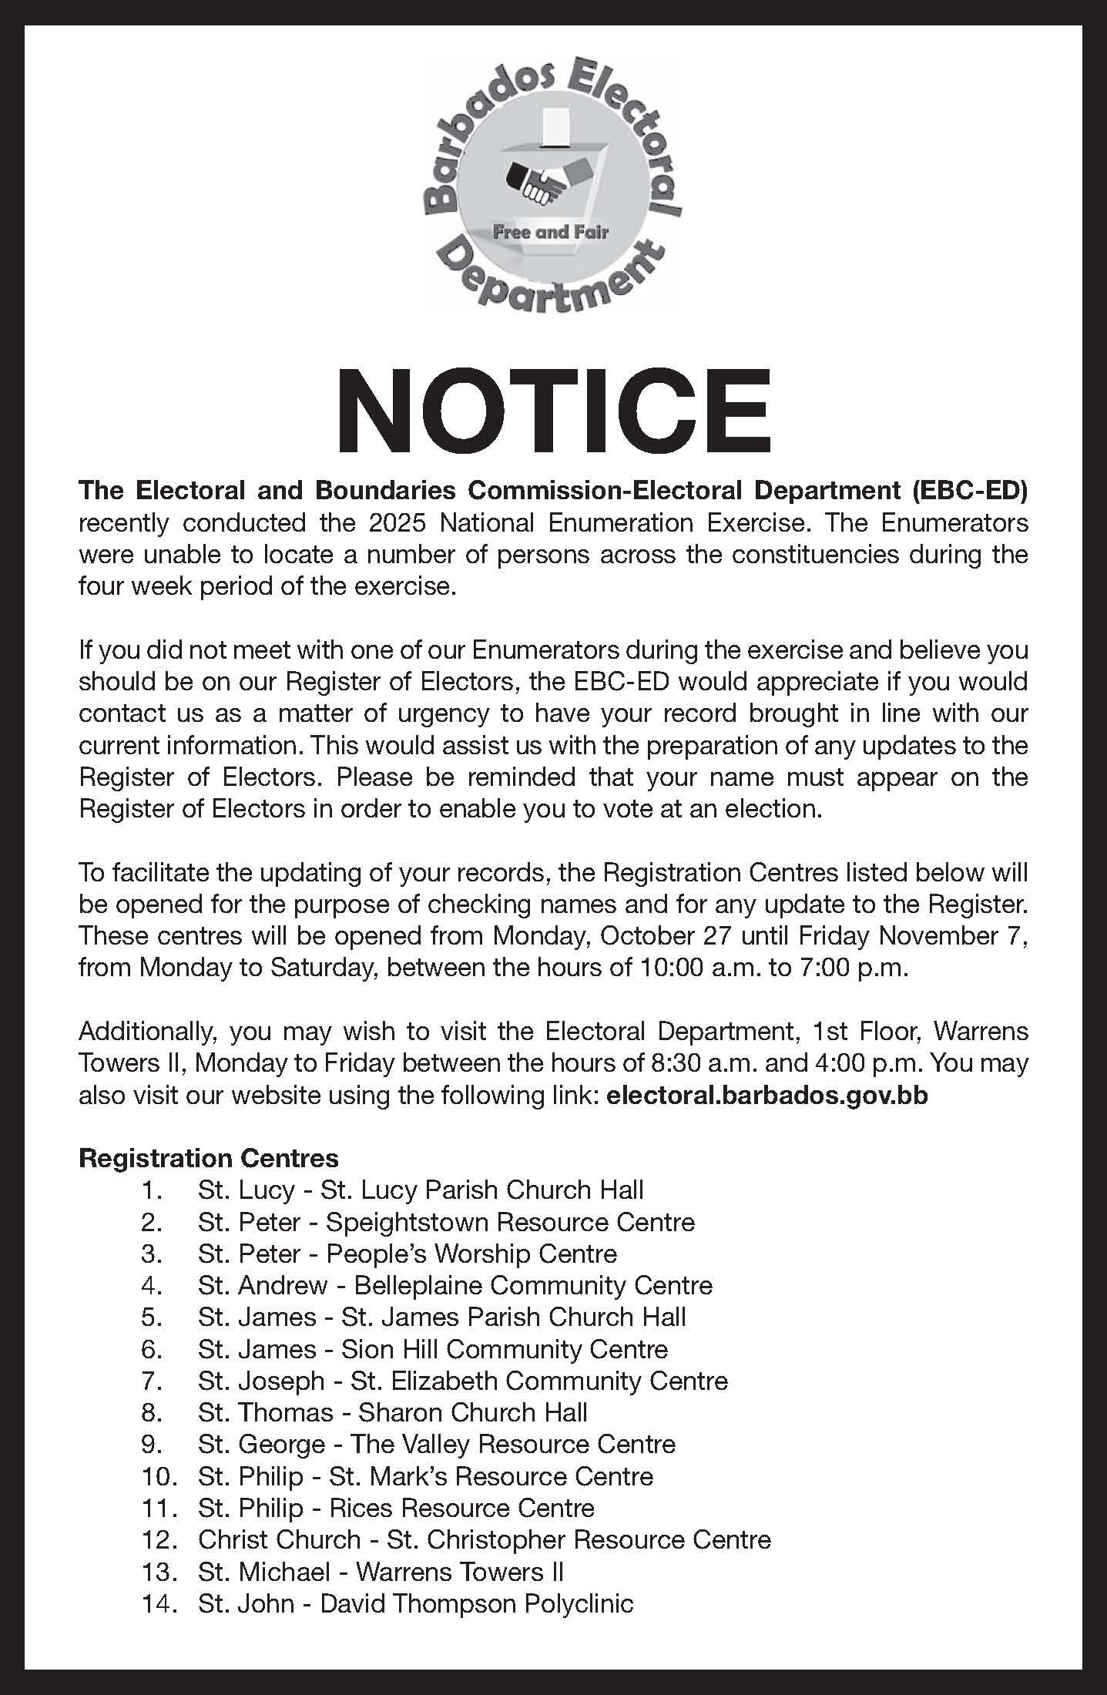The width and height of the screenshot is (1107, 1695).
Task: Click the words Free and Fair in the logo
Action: click(551, 232)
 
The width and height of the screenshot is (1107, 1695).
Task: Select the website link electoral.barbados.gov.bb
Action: click(767, 1096)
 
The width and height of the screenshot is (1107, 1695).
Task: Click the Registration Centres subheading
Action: click(209, 1158)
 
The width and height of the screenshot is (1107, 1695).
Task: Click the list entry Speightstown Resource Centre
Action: click(510, 1222)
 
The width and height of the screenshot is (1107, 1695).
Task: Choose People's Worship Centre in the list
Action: click(471, 1254)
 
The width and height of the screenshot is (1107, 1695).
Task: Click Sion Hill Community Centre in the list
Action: click(504, 1349)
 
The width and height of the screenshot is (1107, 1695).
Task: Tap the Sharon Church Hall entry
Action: click(473, 1412)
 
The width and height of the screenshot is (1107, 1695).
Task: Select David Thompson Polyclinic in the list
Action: click(476, 1603)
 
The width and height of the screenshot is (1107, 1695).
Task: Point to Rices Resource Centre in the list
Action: click(461, 1508)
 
